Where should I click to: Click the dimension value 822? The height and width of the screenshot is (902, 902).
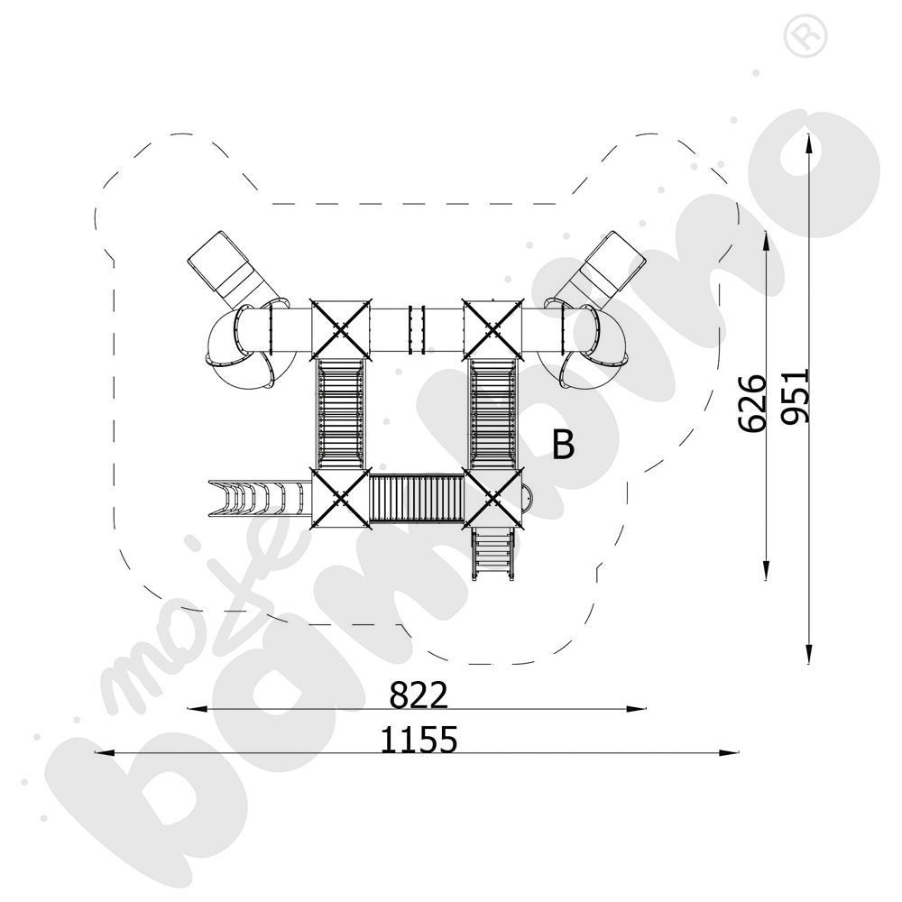click(x=419, y=695)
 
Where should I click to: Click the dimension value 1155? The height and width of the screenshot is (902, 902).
click(x=419, y=740)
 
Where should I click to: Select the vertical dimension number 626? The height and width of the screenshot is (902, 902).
click(x=752, y=403)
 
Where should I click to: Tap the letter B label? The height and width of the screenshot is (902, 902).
click(x=563, y=444)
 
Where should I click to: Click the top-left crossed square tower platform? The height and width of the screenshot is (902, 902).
click(x=341, y=329)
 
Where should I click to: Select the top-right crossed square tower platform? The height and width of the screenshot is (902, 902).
click(x=493, y=329)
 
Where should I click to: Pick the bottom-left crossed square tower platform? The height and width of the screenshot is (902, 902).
click(x=341, y=498)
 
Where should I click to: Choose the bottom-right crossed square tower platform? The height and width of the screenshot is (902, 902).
click(x=493, y=498)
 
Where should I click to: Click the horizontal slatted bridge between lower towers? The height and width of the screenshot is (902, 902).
click(x=417, y=498)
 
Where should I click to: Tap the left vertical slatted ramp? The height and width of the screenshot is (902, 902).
click(x=341, y=414)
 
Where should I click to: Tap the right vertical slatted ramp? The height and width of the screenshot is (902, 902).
click(x=493, y=414)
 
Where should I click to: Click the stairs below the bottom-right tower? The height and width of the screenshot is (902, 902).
click(x=492, y=554)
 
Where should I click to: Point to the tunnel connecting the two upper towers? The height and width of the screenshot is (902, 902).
click(x=417, y=329)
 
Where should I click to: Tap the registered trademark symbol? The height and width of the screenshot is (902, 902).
click(x=805, y=36)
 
